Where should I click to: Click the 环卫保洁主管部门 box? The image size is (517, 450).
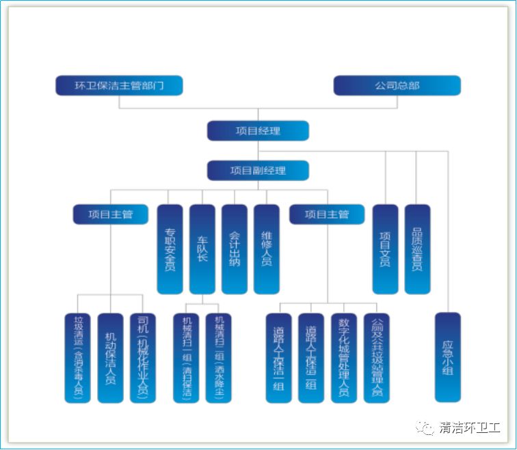coord(119,85)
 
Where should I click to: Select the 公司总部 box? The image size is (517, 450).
coord(397,85)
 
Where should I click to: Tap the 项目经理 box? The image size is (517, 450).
coord(258,130)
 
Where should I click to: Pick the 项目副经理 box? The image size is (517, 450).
coord(258,170)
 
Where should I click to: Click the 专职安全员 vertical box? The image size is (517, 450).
coord(170,249)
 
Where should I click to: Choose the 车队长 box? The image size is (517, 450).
coord(202,249)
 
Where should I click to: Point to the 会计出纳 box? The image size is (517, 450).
coord(235,249)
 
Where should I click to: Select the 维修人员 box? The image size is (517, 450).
coord(267,249)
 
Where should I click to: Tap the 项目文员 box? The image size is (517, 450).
coord(385,249)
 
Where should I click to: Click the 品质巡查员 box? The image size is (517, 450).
coord(417,249)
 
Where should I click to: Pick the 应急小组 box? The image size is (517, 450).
coord(448,357)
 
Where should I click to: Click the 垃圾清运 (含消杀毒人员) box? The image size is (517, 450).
coord(78,358)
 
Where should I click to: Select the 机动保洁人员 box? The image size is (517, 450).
coord(110,358)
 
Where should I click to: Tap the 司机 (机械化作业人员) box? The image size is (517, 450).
coord(142,358)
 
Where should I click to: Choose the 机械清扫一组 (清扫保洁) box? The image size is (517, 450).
coord(186,358)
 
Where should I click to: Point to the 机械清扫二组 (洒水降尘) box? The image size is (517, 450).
coord(219,358)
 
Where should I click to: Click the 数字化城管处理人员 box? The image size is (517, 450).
coord(344,358)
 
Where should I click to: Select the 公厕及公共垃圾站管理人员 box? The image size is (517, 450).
coord(376,358)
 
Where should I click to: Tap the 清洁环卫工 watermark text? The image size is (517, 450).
coord(470,428)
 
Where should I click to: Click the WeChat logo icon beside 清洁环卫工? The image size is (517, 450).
coord(427,428)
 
